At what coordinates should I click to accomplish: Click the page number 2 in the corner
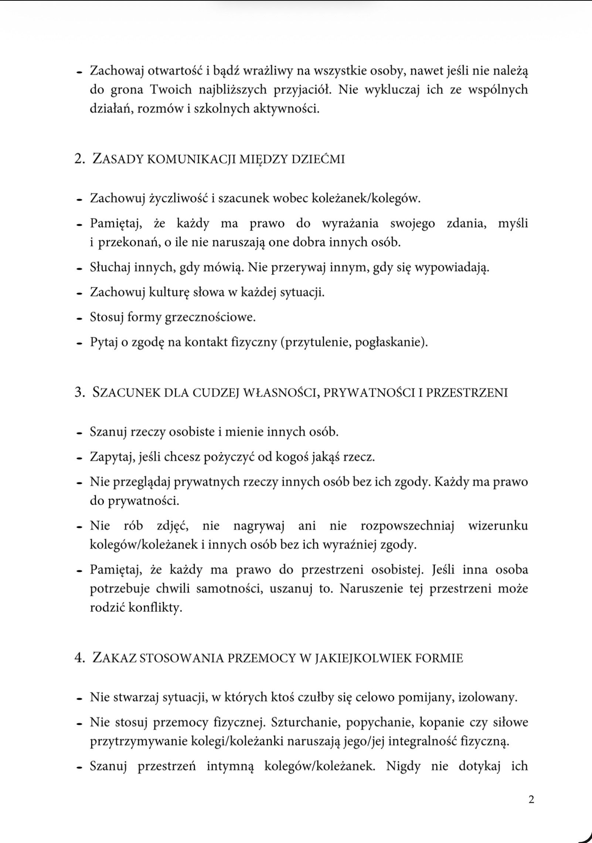531,800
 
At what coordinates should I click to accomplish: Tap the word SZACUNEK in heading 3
126,392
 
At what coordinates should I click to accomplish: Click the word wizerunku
498,526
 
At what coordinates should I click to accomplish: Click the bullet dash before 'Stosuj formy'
79,318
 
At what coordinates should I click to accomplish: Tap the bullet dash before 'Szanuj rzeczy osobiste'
79,433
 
